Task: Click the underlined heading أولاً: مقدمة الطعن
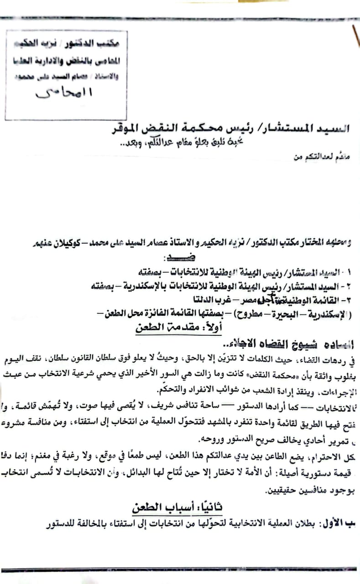(x=174, y=328)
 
